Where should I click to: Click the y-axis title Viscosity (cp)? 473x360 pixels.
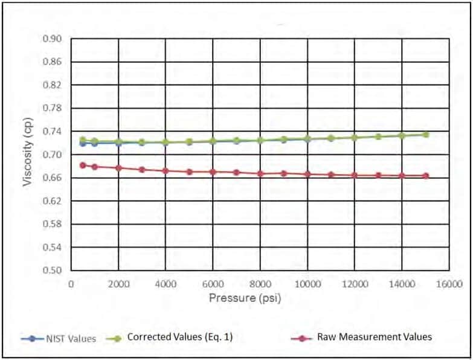pos(28,155)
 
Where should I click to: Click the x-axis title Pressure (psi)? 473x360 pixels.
pos(245,298)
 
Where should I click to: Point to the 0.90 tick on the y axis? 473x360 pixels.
pos(53,39)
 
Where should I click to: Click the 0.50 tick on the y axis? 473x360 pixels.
pos(53,271)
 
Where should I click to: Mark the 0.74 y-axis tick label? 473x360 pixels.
pos(53,132)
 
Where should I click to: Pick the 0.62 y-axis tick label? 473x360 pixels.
pos(53,201)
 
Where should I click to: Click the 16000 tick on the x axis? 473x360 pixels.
pos(449,283)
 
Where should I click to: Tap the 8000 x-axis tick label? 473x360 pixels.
pos(260,283)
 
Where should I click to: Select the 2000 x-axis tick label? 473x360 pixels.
pos(118,283)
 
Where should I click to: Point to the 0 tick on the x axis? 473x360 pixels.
pos(71,283)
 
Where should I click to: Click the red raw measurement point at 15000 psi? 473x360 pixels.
pos(426,176)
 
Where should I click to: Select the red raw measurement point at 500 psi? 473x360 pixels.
pos(83,165)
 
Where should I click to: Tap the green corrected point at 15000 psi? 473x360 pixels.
pos(426,134)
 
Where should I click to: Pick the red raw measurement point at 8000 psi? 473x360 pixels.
pos(260,173)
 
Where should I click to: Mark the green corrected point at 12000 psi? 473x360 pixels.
pos(355,138)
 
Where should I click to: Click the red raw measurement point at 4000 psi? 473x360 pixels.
pos(166,170)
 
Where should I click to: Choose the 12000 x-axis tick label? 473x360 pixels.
pos(355,283)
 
